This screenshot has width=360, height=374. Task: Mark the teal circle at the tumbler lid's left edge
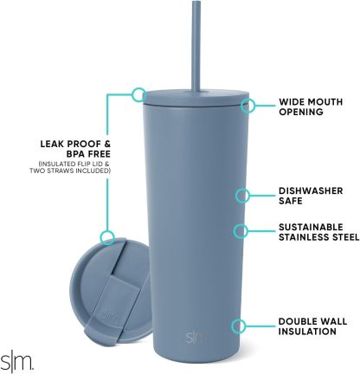coord(138,93)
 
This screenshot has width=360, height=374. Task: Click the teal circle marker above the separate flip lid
coord(107,236)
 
